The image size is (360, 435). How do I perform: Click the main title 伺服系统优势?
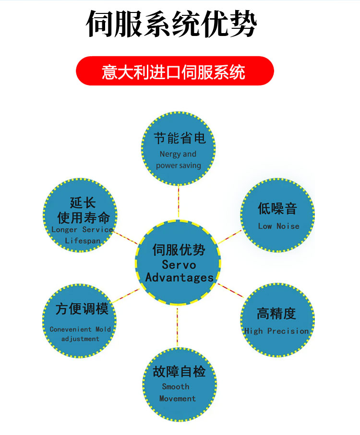[x=171, y=24]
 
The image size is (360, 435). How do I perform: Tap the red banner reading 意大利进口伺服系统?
[x=175, y=71]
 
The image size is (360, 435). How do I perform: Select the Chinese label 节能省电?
[x=180, y=138]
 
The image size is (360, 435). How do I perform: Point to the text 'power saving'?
[x=179, y=165]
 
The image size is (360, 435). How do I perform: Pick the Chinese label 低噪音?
[x=277, y=208]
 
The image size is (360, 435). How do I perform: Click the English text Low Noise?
[x=279, y=226]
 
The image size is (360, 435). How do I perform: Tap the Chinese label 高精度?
[x=276, y=314]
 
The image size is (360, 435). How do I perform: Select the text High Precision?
[x=276, y=331]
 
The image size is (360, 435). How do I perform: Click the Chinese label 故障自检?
[x=179, y=371]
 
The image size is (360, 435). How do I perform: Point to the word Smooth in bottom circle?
[x=176, y=387]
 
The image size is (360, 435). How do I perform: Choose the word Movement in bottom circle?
[x=178, y=399]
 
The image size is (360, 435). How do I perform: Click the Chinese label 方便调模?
[x=82, y=308]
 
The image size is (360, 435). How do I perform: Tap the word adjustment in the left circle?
[x=80, y=339]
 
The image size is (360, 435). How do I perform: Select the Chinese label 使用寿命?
[x=84, y=218]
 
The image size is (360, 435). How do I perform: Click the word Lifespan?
[x=83, y=241]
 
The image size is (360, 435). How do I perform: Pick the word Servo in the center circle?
[x=179, y=265]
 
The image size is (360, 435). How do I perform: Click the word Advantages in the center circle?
[x=180, y=277]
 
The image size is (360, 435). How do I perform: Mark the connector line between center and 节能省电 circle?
[x=179, y=202]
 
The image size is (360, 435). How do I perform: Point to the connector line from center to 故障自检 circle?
[x=178, y=327]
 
